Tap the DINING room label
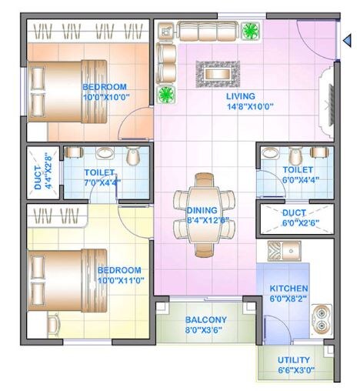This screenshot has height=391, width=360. pos(202,209)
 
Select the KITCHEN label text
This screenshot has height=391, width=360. pos(288,289)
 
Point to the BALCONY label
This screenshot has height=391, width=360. pos(205,319)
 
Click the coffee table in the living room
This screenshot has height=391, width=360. pos(218,73)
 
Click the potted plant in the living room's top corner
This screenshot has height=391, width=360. pos(250,32)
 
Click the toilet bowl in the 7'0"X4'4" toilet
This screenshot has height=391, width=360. pos(133,157)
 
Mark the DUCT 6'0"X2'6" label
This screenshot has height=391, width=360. pos(295,218)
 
